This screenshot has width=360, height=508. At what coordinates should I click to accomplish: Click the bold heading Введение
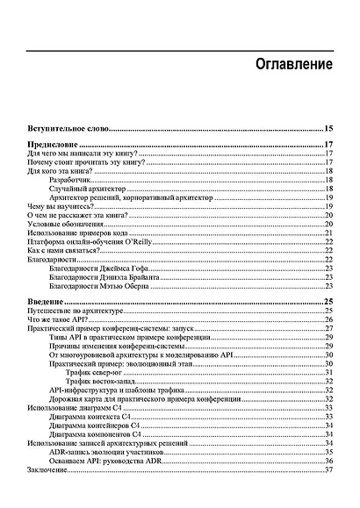click(x=47, y=301)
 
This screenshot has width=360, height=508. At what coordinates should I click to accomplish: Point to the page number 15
click(x=329, y=128)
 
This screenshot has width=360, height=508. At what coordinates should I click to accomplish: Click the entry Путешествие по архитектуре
click(x=76, y=311)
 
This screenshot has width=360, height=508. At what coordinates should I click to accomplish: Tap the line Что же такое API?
click(x=59, y=321)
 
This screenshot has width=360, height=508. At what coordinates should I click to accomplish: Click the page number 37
click(x=329, y=470)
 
